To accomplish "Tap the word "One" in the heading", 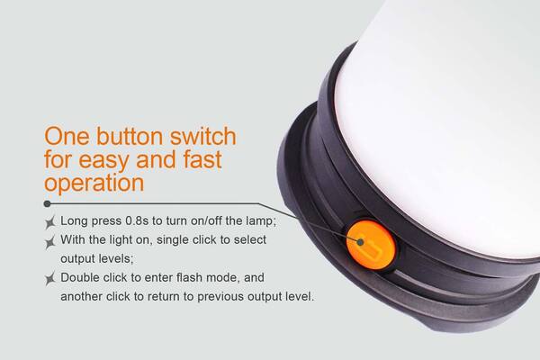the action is point(67,136).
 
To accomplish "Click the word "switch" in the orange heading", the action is point(202,136).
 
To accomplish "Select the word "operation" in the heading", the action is point(94,183).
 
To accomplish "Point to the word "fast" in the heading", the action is point(202,159).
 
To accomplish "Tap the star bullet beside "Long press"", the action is point(50,222).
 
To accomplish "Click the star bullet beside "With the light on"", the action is point(50,242).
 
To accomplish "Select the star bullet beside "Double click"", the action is point(50,278).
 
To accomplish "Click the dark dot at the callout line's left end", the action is point(48,204).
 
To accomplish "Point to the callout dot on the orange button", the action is point(361,242).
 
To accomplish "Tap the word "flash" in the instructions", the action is point(188,277).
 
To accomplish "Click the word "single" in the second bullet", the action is point(173,239).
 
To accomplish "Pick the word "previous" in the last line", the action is point(220,297).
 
